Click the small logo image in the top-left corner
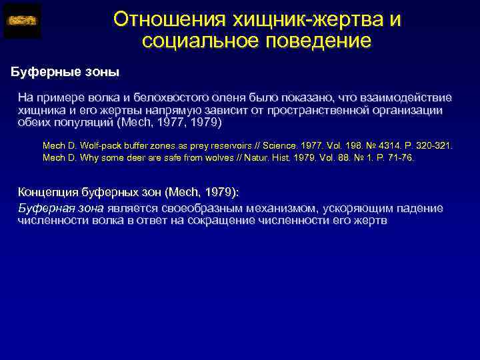pos(23,21)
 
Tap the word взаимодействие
pos(409,97)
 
